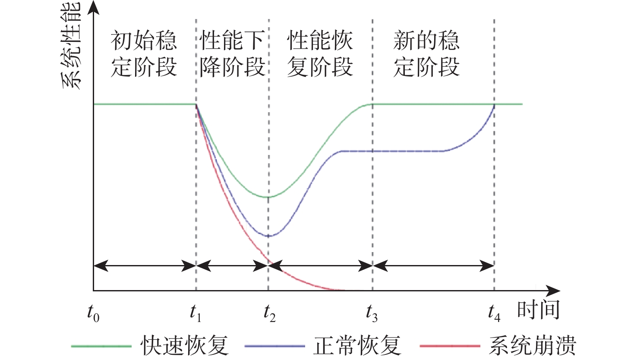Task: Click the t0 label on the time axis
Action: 93,313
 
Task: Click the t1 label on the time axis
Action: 196,313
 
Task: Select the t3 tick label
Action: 372,313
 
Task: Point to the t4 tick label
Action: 494,313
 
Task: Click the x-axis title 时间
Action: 538,309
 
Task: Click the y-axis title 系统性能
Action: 71,45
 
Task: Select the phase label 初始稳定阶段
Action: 144,54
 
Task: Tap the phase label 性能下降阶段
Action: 232,54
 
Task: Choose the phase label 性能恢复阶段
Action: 320,54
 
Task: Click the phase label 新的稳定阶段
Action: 426,54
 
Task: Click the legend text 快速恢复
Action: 185,345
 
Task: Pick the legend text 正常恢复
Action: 357,345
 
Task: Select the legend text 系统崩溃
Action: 533,345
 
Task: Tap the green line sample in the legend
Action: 101,346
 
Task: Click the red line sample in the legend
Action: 450,346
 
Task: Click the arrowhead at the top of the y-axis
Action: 93,6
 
